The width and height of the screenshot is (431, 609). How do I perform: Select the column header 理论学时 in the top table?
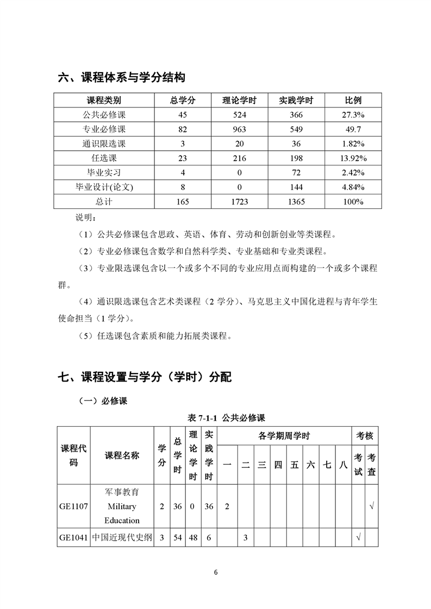[240, 100]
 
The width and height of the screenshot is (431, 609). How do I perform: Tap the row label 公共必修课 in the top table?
[104, 115]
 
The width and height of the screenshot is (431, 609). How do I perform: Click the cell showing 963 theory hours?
[240, 129]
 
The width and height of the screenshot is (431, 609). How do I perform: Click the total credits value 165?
[183, 202]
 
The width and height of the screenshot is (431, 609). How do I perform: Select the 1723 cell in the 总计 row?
[240, 202]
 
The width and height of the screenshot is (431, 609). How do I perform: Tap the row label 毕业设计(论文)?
[104, 187]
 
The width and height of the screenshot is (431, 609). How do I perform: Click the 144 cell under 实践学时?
[297, 187]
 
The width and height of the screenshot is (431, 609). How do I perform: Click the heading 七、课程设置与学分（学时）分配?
[145, 377]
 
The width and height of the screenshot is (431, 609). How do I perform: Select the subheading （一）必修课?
[103, 402]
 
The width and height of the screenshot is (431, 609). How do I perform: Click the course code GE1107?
[73, 506]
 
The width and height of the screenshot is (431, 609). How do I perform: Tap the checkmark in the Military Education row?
[372, 506]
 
